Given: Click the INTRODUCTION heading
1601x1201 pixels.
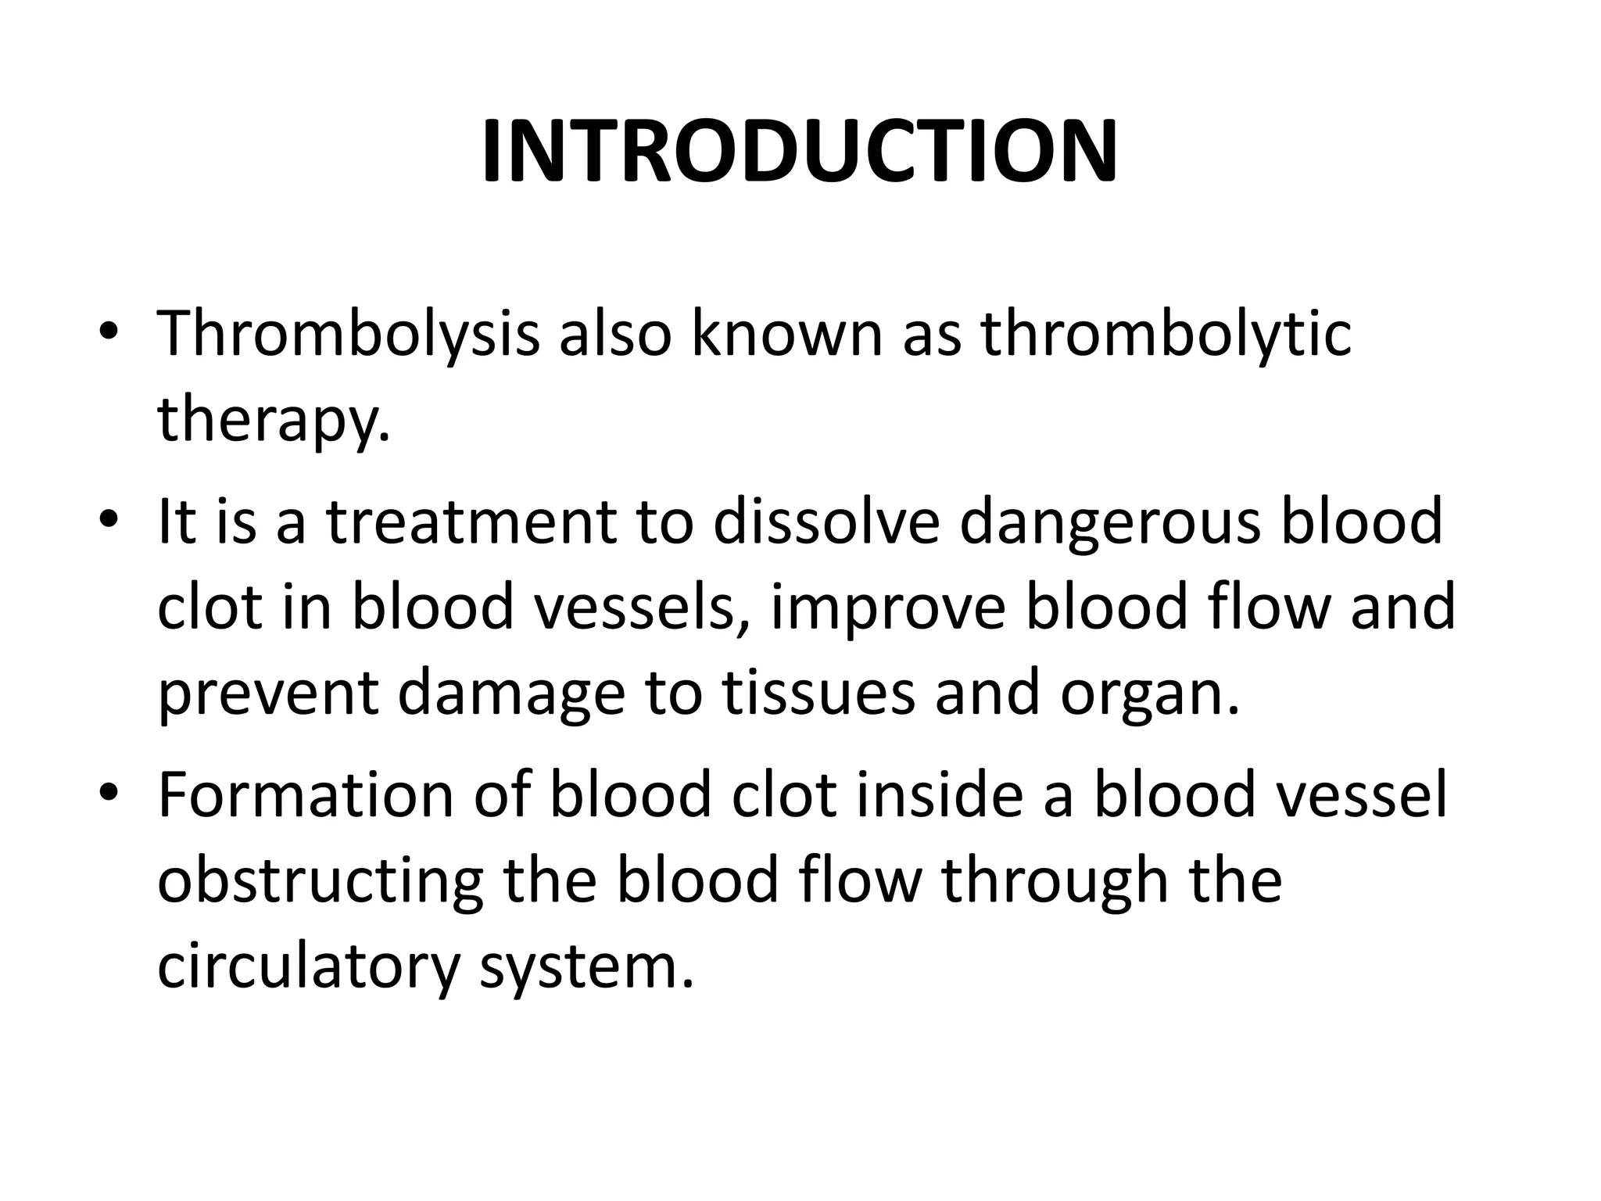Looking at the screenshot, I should point(800,152).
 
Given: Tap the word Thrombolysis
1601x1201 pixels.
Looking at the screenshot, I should point(349,334).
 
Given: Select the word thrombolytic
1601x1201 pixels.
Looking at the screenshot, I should point(1166,334).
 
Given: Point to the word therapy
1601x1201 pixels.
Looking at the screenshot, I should point(273,420).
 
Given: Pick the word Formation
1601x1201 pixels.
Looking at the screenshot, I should point(306,795).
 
